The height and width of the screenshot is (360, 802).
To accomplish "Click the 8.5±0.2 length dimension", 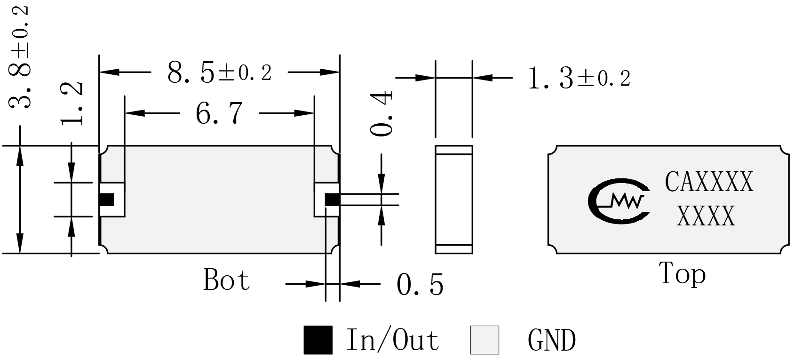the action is tap(220, 72).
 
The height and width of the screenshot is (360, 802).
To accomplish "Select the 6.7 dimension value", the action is tap(219, 113).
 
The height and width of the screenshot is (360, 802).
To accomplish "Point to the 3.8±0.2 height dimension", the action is tap(19, 57).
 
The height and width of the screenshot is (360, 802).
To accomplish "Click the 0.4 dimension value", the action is tap(381, 113).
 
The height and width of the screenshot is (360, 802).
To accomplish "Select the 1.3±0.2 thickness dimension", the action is tap(580, 78).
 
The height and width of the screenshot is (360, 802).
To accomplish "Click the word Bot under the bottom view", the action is tap(226, 279).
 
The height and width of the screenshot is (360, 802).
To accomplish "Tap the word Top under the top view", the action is tap(682, 274).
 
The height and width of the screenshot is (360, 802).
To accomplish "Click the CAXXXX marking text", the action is tap(709, 182).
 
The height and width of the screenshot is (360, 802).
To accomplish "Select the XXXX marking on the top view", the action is tap(706, 216).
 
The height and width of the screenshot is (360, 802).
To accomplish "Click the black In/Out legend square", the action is tap(318, 340).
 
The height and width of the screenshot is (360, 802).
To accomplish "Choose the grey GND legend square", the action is tap(485, 340).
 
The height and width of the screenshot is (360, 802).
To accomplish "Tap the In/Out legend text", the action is tap(393, 340).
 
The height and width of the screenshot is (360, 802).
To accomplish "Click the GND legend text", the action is tap(552, 340).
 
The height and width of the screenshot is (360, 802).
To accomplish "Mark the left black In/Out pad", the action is tap(106, 200).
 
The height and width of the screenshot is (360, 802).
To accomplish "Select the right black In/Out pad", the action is tap(332, 200).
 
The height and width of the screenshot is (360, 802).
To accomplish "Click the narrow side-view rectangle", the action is tap(454, 200).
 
